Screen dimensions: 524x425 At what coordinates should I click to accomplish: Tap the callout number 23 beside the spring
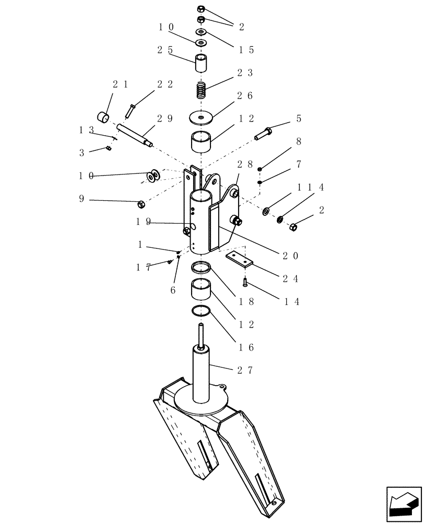245,73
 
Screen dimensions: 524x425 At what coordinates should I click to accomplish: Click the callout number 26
245,96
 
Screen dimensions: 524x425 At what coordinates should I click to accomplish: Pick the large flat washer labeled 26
201,116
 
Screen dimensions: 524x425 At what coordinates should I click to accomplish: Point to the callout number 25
165,50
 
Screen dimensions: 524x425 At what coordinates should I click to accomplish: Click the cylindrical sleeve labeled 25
201,63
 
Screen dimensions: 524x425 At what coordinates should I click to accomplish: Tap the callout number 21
120,84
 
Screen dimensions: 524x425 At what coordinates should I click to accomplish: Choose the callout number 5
299,119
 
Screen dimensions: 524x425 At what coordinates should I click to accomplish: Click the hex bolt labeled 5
264,133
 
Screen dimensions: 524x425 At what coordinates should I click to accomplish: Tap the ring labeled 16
201,311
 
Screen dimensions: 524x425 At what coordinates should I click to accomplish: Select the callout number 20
292,256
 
